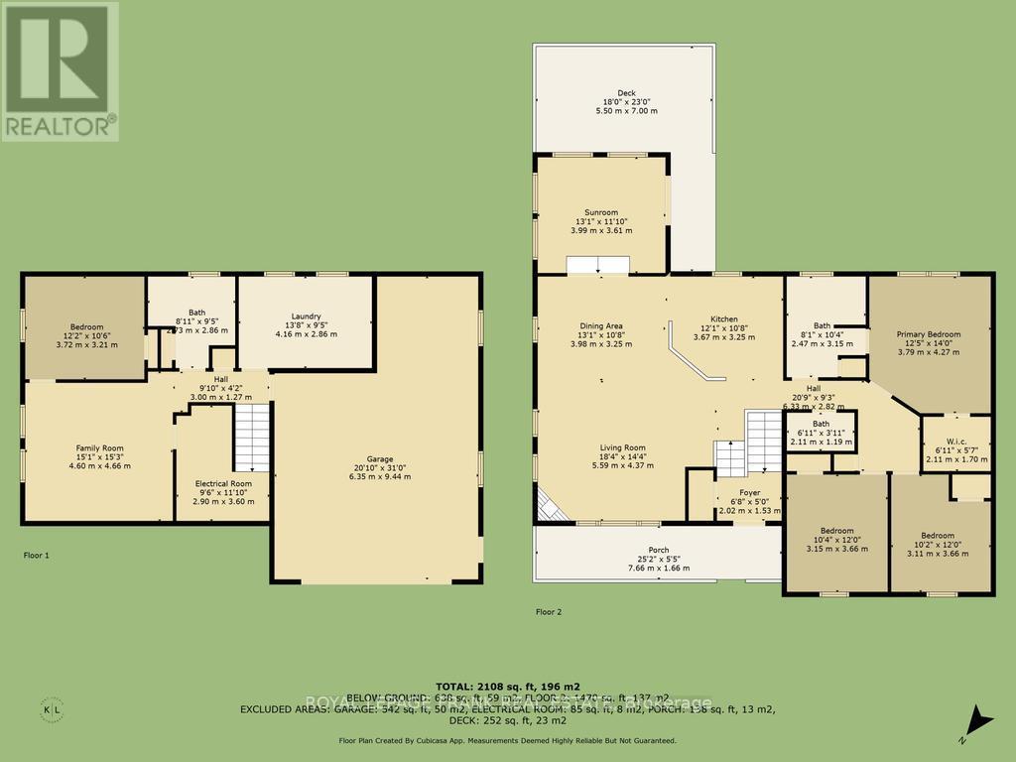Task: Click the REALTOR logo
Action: [60, 70]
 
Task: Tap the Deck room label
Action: [626, 93]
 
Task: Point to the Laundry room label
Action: [307, 317]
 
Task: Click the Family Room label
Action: [99, 447]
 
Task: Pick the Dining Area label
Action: [601, 325]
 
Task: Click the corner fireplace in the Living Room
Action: [549, 507]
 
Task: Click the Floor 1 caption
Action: [37, 556]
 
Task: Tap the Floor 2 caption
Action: [549, 612]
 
